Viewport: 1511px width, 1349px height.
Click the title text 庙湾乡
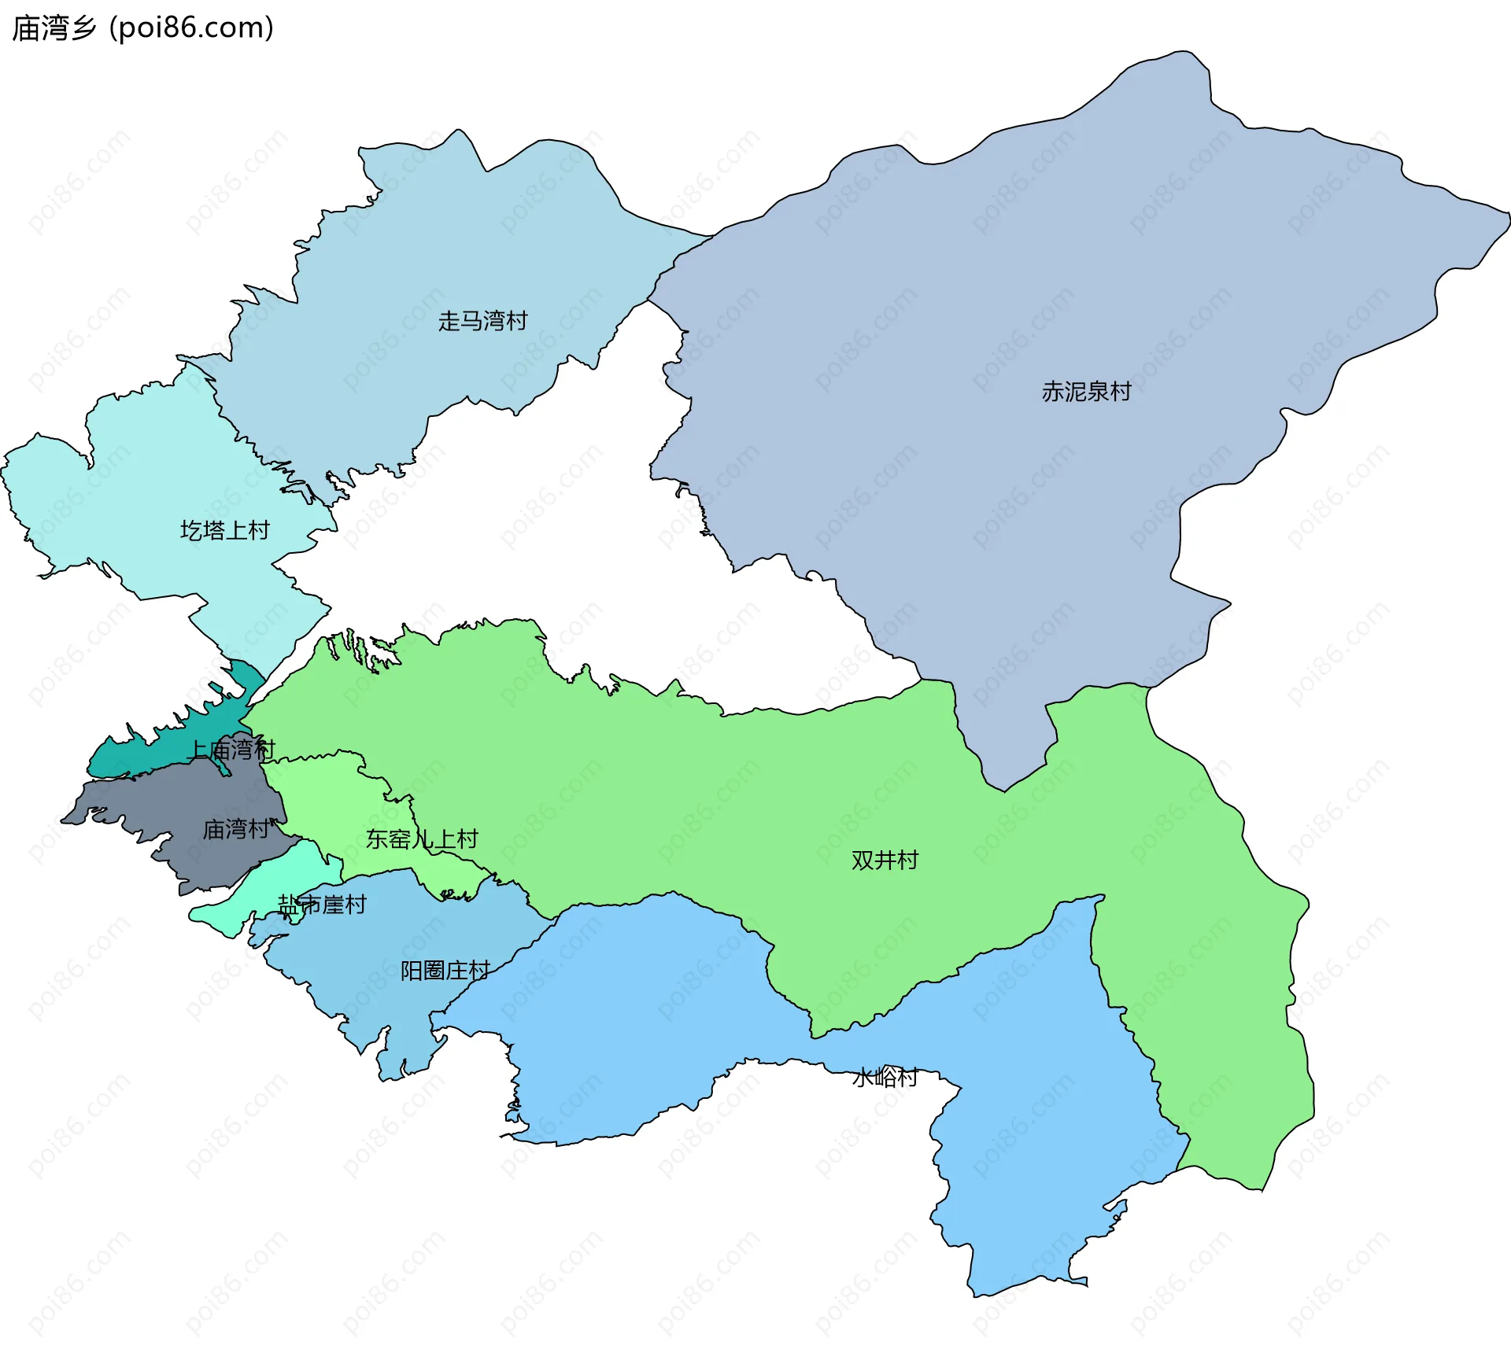click(x=54, y=28)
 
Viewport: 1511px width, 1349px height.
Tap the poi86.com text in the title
click(x=191, y=28)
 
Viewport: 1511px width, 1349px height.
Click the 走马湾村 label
click(x=482, y=321)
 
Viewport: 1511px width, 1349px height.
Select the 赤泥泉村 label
click(x=1086, y=392)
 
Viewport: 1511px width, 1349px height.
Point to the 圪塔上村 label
click(x=225, y=531)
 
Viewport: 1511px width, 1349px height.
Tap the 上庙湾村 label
click(x=231, y=750)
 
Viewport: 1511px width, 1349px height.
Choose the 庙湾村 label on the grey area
click(x=236, y=829)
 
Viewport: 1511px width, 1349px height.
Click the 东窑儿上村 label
click(x=422, y=839)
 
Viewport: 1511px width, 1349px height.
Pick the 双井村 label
click(x=885, y=861)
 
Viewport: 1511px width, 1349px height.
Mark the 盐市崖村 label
click(x=323, y=905)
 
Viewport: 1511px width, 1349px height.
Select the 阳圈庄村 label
click(x=445, y=971)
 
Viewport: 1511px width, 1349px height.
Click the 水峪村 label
click(x=885, y=1077)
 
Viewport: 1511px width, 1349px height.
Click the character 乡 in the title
click(x=83, y=28)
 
